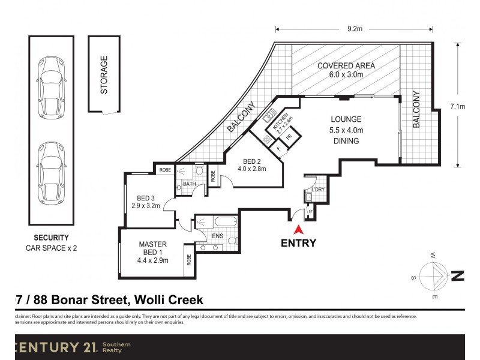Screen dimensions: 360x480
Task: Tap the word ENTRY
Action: click(298, 243)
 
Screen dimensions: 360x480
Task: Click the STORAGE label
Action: click(104, 75)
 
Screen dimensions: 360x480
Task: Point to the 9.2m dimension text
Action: click(354, 28)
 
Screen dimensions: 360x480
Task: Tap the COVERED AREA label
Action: click(346, 66)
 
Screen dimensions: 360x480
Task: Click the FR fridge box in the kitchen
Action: click(288, 137)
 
